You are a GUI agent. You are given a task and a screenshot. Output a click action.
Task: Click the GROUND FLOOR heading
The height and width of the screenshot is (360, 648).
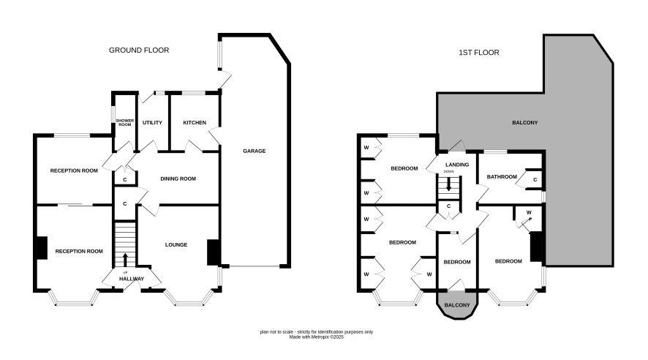pos(139,50)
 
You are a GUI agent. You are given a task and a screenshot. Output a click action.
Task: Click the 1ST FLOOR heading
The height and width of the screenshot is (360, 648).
pos(478,53)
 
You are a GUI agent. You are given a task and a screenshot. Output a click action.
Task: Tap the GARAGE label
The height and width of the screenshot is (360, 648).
pos(255,151)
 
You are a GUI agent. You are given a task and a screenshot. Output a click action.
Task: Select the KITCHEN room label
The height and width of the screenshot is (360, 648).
pos(195,123)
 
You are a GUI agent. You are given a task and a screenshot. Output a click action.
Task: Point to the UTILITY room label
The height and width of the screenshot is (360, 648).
pos(152,123)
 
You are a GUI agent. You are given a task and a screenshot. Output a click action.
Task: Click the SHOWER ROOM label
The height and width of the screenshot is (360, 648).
pos(125,122)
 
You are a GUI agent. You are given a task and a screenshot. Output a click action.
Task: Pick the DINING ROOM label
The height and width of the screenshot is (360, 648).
pos(178,179)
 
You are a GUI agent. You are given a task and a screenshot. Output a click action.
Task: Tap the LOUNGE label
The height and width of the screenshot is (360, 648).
pos(176,244)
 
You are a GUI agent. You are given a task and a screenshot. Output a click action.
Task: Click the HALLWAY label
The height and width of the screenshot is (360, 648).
pos(132,279)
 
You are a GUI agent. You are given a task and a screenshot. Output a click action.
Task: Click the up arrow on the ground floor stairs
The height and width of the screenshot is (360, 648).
pos(125,260)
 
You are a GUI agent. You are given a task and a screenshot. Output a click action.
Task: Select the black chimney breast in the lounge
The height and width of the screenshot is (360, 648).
pos(213,252)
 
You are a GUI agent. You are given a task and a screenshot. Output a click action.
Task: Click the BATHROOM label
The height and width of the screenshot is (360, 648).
pos(502,177)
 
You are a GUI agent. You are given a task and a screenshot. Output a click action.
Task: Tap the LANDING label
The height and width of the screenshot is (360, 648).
pos(457,165)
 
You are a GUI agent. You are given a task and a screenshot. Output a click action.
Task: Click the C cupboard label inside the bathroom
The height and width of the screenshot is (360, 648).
pos(535,180)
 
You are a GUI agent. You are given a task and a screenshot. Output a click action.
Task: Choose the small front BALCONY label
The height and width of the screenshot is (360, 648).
pos(457,305)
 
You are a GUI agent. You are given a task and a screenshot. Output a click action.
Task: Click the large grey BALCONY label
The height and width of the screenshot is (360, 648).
pos(525,123)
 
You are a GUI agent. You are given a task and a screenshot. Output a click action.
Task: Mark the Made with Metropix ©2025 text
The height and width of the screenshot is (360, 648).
pos(316,337)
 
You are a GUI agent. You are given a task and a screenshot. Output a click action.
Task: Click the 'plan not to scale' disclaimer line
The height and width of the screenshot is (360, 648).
pos(316,332)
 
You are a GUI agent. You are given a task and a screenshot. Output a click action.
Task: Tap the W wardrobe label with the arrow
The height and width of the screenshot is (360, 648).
pos(529,212)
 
